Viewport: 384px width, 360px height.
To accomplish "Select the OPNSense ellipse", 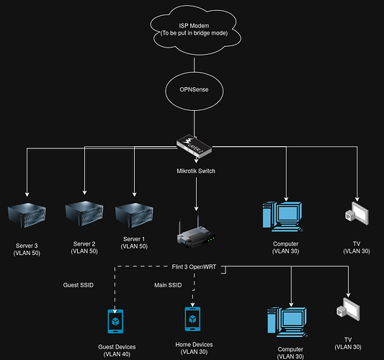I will (x=195, y=91).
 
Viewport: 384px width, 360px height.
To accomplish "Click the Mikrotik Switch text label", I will (x=195, y=171).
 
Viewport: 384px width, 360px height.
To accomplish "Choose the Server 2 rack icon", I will (x=84, y=214).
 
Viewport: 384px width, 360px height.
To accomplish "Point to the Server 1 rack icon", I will (x=134, y=214).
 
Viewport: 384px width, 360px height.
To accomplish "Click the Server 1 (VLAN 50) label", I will (x=134, y=243).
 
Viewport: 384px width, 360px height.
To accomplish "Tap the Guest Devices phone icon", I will (x=116, y=320).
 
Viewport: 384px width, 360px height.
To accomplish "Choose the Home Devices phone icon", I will (x=192, y=318).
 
